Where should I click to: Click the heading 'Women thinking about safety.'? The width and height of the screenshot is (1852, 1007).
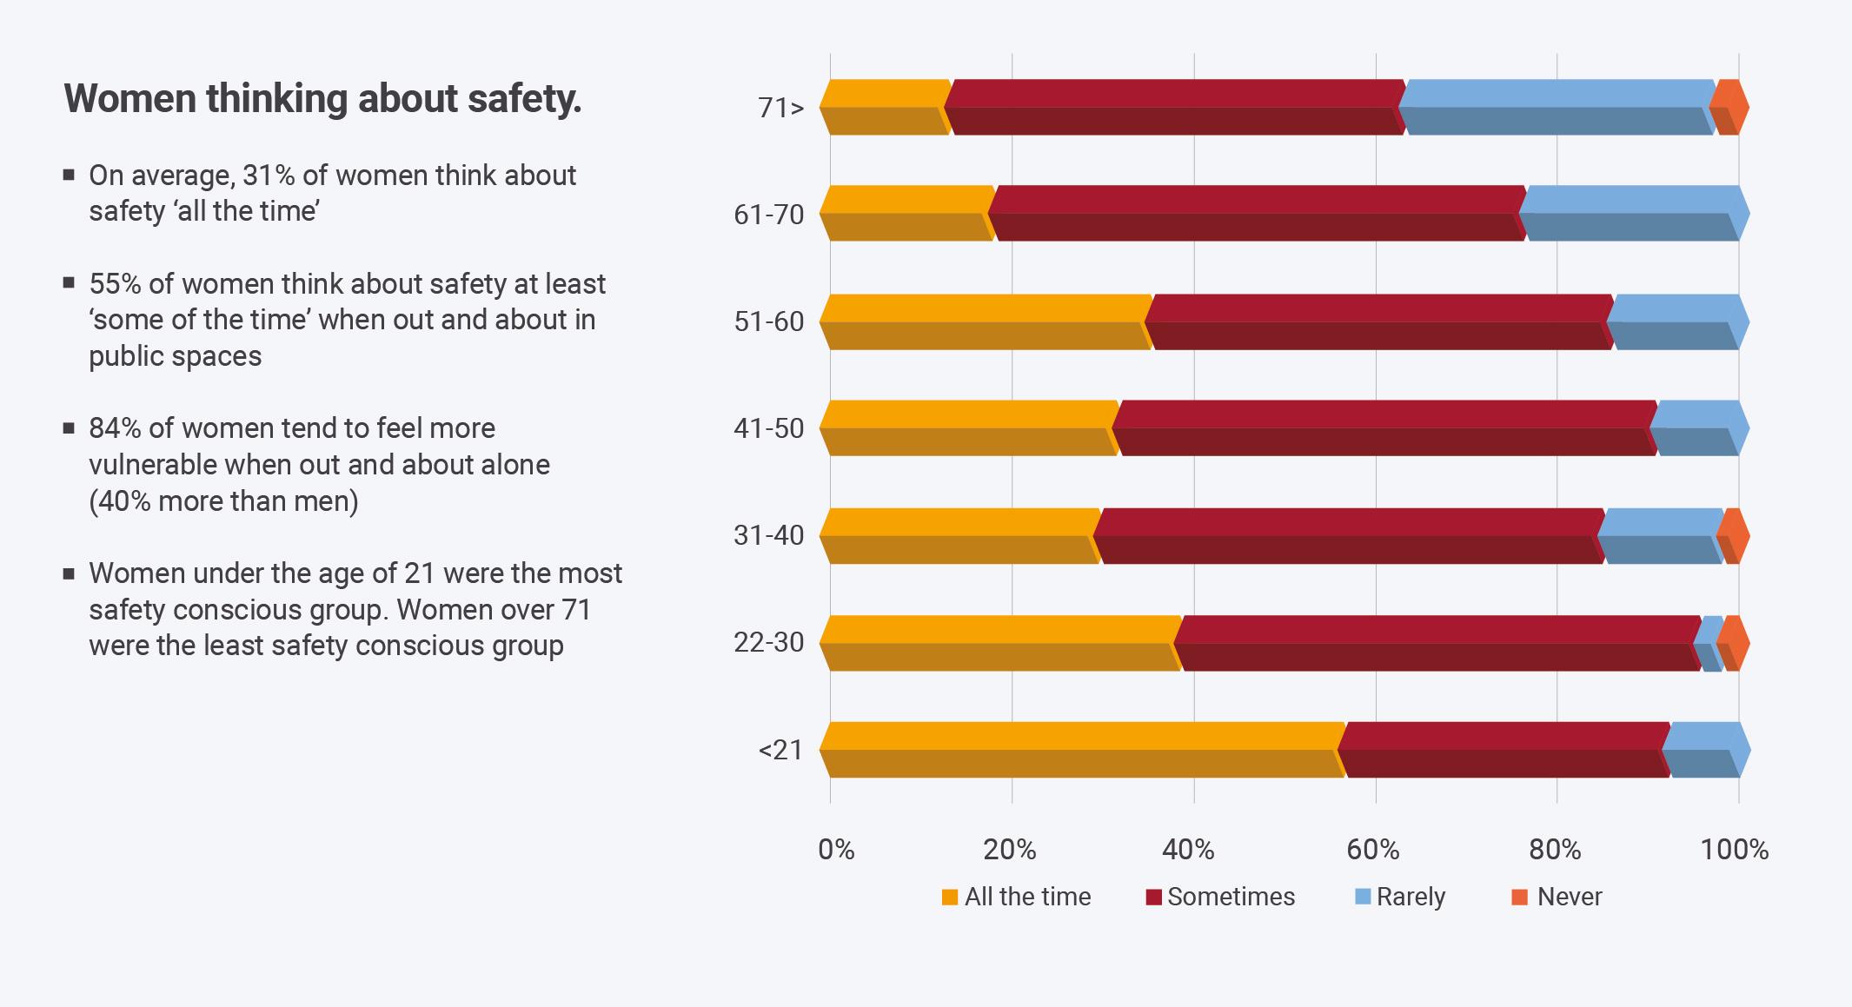point(322,99)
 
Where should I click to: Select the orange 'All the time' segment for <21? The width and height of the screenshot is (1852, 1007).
point(1082,749)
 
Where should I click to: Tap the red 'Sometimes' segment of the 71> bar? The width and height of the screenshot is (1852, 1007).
point(1175,107)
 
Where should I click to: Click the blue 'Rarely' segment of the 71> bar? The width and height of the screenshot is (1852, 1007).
point(1556,107)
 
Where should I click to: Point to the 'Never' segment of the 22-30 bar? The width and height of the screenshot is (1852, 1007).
point(1732,643)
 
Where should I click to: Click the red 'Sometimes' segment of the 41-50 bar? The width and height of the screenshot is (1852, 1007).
point(1385,427)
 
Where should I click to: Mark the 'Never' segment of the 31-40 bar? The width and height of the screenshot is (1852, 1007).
point(1732,535)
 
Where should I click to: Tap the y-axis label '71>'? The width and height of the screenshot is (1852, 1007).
point(780,108)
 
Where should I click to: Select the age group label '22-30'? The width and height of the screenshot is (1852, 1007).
point(768,642)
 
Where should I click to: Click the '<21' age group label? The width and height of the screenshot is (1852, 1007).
point(780,749)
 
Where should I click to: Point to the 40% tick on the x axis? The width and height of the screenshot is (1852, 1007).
point(1188,849)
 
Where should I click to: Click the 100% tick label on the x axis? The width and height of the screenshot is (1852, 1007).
point(1734,849)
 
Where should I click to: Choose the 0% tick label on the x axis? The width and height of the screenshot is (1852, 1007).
point(836,849)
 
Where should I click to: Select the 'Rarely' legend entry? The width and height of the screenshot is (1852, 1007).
point(1400,897)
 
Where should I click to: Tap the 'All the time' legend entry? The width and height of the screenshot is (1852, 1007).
point(1016,897)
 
